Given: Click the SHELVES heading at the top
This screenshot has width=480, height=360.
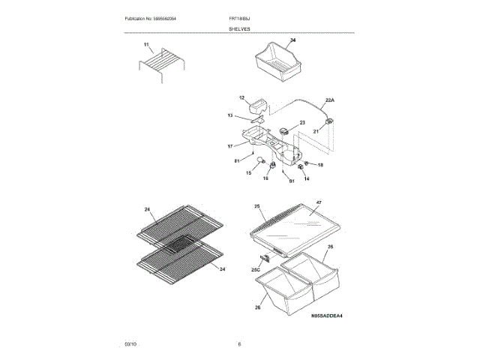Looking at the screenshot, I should [x=239, y=28].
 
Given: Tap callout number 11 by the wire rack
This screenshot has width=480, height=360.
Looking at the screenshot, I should [x=147, y=46].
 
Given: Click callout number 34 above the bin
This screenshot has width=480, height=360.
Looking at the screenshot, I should [x=292, y=40].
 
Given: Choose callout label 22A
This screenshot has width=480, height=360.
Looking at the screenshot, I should [x=329, y=100].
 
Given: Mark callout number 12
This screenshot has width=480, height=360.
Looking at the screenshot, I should [x=242, y=98].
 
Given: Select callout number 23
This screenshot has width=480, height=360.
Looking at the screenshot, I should [x=302, y=122].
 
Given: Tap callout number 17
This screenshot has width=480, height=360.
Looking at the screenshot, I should [x=231, y=145].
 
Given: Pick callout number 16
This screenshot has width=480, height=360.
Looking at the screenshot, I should [x=265, y=178].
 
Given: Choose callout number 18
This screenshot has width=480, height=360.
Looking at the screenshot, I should [x=320, y=164].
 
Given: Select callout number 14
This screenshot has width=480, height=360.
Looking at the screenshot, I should [x=306, y=178].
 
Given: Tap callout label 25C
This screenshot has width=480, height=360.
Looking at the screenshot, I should [x=255, y=268].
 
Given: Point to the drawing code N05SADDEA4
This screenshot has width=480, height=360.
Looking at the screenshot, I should [x=326, y=316].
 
